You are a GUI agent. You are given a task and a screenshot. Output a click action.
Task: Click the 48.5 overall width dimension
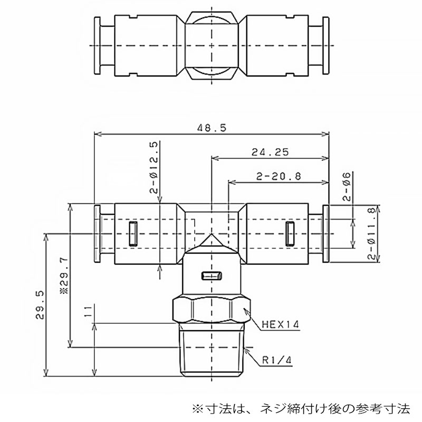212,128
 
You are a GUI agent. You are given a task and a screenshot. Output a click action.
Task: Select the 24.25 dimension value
270,152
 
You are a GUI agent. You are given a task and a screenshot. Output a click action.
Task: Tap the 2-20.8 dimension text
279,177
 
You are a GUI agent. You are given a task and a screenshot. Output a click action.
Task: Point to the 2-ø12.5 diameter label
154,167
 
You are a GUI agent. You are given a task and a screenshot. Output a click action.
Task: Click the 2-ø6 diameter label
347,187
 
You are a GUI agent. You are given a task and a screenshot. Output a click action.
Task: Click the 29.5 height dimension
40,305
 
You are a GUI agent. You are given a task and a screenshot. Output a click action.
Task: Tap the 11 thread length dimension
88,311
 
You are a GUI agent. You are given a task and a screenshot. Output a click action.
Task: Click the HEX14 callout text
281,324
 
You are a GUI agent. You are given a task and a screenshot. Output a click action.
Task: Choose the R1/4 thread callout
276,360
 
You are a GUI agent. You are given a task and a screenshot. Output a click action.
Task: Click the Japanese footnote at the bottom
301,409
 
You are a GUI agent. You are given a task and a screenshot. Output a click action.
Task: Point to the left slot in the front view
133,234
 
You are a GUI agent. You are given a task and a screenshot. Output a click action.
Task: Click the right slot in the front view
290,234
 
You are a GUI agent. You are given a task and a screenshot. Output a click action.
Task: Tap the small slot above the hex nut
212,276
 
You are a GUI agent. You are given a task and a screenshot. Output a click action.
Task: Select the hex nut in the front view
212,310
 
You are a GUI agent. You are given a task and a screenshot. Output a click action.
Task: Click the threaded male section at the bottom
212,350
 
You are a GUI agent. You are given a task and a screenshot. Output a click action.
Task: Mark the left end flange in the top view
97,45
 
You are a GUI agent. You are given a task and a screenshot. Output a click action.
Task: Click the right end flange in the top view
326,45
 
